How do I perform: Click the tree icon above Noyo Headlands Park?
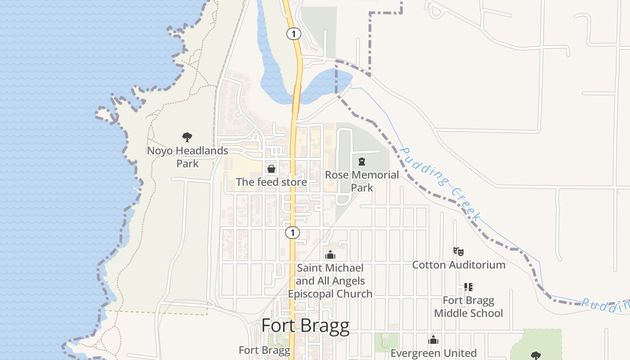(x=187, y=137)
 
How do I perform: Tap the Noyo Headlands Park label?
(x=188, y=157)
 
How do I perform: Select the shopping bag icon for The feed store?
(x=271, y=169)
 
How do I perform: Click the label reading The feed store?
(x=271, y=182)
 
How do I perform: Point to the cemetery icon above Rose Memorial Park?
(x=362, y=162)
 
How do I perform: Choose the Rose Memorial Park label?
(x=362, y=181)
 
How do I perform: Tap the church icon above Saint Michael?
(x=330, y=255)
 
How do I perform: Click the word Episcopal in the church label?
(x=311, y=294)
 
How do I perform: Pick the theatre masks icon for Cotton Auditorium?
(x=458, y=252)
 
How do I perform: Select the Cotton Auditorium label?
(x=459, y=265)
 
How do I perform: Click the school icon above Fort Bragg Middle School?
(x=468, y=287)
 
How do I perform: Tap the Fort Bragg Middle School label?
(x=468, y=306)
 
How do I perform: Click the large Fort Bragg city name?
(x=306, y=325)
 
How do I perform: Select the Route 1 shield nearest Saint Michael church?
(x=292, y=233)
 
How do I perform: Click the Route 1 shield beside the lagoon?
(x=293, y=33)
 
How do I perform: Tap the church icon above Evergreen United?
(x=433, y=339)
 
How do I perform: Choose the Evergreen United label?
(x=433, y=353)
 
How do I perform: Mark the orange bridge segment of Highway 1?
(x=297, y=99)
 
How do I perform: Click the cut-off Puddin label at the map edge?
(x=606, y=305)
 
